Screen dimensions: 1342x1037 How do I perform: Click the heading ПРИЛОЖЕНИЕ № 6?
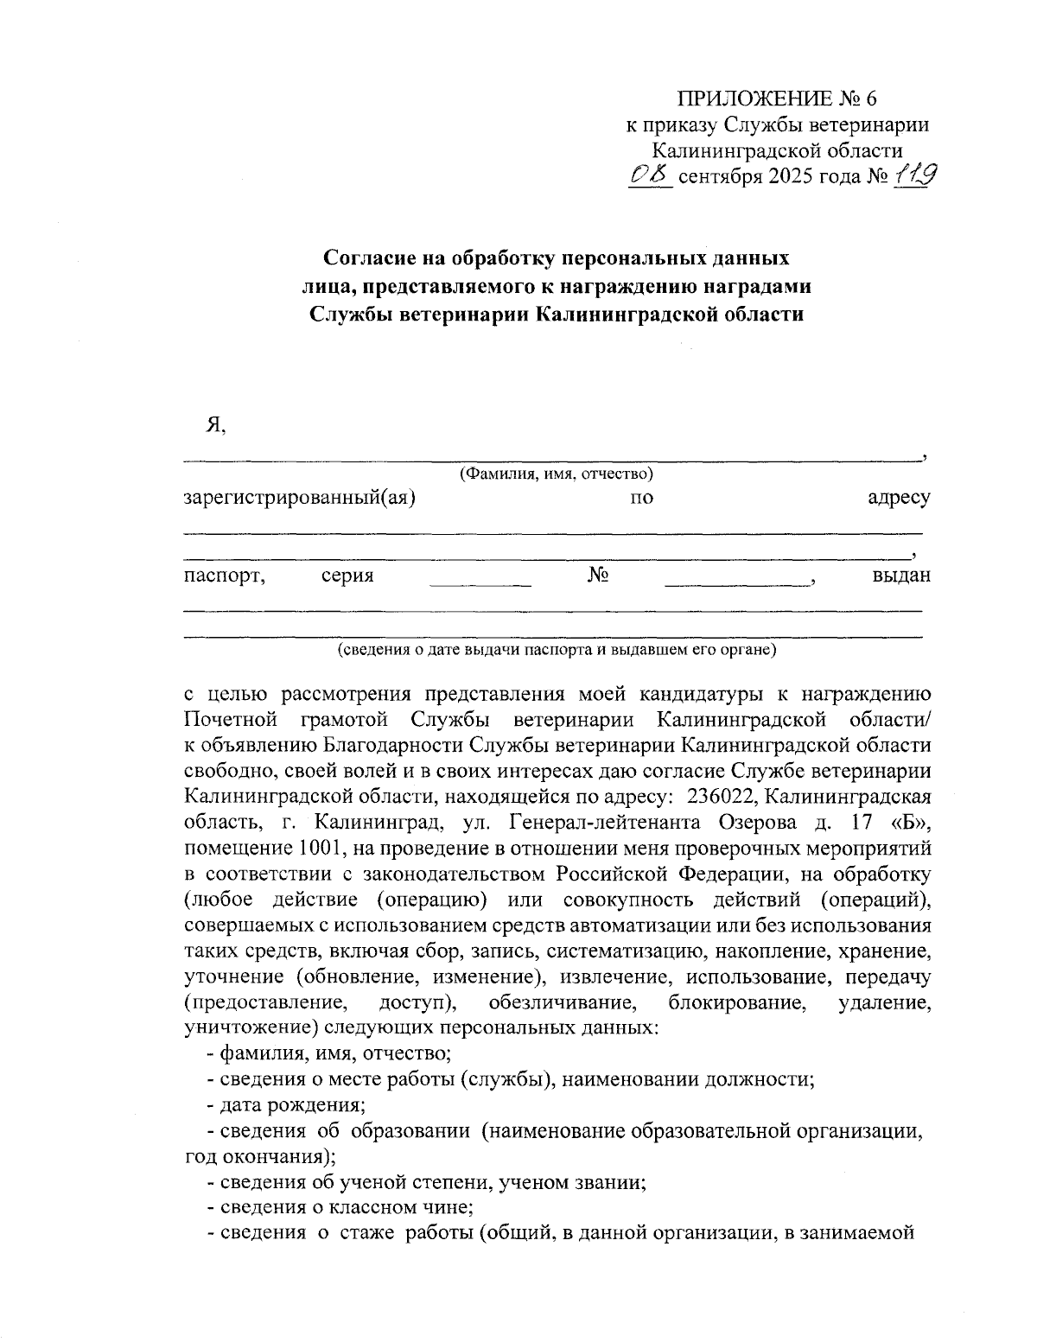click(777, 97)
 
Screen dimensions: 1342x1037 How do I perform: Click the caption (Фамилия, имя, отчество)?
click(556, 474)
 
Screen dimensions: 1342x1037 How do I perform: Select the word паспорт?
click(224, 576)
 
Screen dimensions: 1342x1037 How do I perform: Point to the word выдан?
click(901, 576)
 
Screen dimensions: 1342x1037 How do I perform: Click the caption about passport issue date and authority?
click(557, 649)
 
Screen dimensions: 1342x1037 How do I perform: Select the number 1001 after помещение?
click(302, 843)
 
